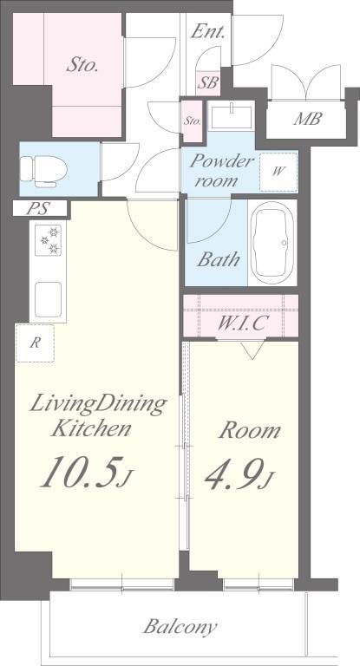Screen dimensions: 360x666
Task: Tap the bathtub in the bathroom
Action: pyautogui.click(x=272, y=244)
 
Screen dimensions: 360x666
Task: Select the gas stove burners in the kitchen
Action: pyautogui.click(x=48, y=240)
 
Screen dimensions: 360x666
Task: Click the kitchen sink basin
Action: pyautogui.click(x=48, y=299)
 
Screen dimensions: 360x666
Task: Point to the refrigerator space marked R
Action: pyautogui.click(x=36, y=343)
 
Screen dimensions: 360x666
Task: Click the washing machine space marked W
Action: pyautogui.click(x=278, y=172)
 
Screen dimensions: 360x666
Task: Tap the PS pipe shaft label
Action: pyautogui.click(x=38, y=208)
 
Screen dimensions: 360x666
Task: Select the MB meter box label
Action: pyautogui.click(x=307, y=120)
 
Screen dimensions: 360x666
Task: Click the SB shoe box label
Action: pyautogui.click(x=209, y=82)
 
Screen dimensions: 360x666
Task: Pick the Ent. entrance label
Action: pyautogui.click(x=207, y=31)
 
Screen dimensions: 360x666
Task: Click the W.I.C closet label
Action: pyautogui.click(x=242, y=323)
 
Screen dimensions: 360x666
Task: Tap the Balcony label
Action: pyautogui.click(x=180, y=627)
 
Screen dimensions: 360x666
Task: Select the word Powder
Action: pyautogui.click(x=221, y=161)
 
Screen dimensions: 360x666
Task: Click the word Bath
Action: pyautogui.click(x=218, y=259)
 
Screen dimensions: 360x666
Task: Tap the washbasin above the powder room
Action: pyautogui.click(x=232, y=114)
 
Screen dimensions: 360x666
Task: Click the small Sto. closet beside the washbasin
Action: pyautogui.click(x=193, y=121)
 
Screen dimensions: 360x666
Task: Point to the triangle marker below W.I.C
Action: pyautogui.click(x=252, y=351)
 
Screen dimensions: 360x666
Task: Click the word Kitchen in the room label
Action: pyautogui.click(x=90, y=429)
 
